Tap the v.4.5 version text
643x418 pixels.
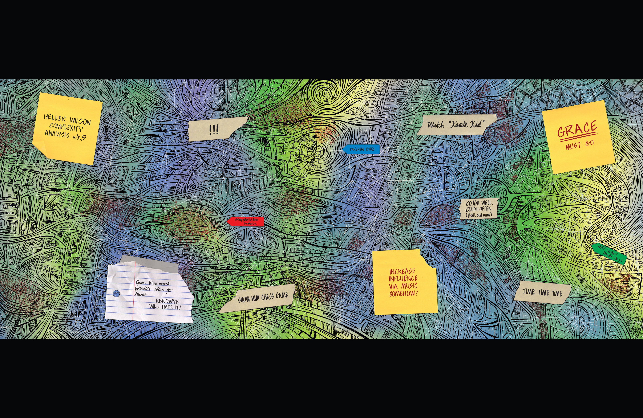pyautogui.click(x=79, y=137)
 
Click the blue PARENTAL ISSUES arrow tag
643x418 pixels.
pyautogui.click(x=361, y=149)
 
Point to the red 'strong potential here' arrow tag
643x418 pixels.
pyautogui.click(x=246, y=221)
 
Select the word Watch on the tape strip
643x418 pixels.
pyautogui.click(x=436, y=125)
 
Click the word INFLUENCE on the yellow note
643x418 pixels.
pyautogui.click(x=403, y=278)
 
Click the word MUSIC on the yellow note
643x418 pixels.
pyautogui.click(x=409, y=286)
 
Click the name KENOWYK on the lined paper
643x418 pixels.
pyautogui.click(x=167, y=301)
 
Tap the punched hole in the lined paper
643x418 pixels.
pyautogui.click(x=116, y=293)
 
